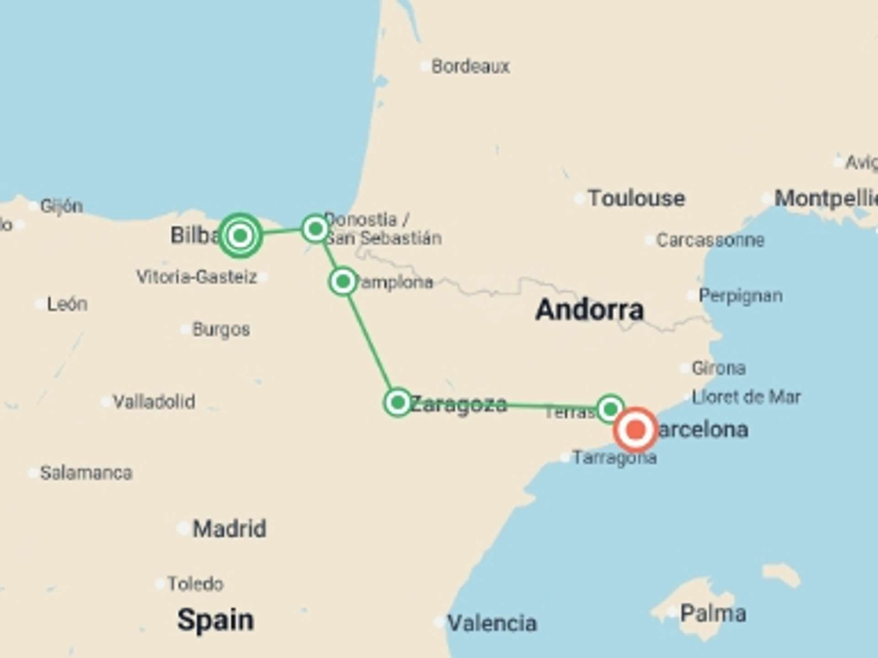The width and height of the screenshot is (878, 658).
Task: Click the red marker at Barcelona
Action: click(x=636, y=430)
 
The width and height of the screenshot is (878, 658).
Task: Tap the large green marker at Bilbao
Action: click(x=240, y=236)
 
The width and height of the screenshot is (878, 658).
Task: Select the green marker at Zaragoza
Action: click(x=398, y=403)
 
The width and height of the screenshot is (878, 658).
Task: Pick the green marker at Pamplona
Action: click(x=343, y=281)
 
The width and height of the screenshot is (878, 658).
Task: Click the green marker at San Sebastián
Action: click(x=316, y=228)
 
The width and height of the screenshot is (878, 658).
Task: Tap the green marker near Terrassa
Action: click(x=610, y=409)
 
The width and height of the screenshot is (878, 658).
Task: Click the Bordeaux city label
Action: click(x=470, y=67)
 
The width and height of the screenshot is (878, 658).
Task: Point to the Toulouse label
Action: click(x=636, y=198)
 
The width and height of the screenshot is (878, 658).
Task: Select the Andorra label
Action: click(x=589, y=310)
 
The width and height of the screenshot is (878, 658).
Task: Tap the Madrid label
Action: click(x=229, y=529)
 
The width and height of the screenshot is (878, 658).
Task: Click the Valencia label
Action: click(x=492, y=623)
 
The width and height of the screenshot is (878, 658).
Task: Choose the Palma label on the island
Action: click(x=712, y=613)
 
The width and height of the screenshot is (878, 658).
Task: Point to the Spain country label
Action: click(x=215, y=620)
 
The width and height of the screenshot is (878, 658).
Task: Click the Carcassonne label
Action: click(x=710, y=240)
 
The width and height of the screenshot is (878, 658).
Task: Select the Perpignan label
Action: click(x=740, y=296)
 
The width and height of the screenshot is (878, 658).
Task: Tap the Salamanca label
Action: click(x=86, y=473)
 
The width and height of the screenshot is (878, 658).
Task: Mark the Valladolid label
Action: click(x=154, y=402)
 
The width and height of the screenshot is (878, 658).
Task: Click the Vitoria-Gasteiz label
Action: click(x=197, y=277)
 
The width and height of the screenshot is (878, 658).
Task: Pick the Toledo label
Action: click(x=195, y=584)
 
